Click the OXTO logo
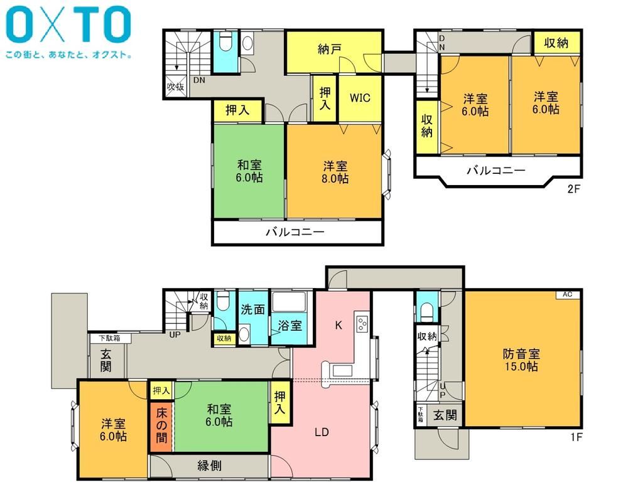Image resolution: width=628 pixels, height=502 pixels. click(x=68, y=25)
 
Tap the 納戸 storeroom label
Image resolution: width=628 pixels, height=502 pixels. click(x=329, y=49)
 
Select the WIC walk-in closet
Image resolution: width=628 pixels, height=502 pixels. click(x=360, y=98)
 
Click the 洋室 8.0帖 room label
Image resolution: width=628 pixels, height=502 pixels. click(x=335, y=172)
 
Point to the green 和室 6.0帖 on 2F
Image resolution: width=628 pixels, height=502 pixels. click(x=249, y=171)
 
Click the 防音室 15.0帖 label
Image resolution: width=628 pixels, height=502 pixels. click(x=521, y=360)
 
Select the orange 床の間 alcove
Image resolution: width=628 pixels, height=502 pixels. click(x=161, y=425)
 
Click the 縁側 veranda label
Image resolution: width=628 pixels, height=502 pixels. click(x=210, y=466)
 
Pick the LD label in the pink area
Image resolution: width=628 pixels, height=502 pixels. click(x=322, y=432)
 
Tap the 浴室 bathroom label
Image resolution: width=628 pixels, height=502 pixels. click(x=290, y=326)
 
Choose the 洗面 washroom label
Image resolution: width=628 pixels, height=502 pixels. click(x=252, y=309)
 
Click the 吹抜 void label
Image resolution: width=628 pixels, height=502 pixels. click(x=175, y=87)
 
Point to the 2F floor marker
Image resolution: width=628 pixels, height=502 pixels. click(x=573, y=188)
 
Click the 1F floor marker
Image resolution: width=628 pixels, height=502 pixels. click(x=576, y=437)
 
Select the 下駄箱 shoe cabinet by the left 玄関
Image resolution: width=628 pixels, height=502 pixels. click(x=109, y=338)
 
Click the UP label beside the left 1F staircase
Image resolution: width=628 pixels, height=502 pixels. click(x=175, y=334)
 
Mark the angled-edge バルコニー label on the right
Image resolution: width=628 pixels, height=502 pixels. click(x=496, y=171)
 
